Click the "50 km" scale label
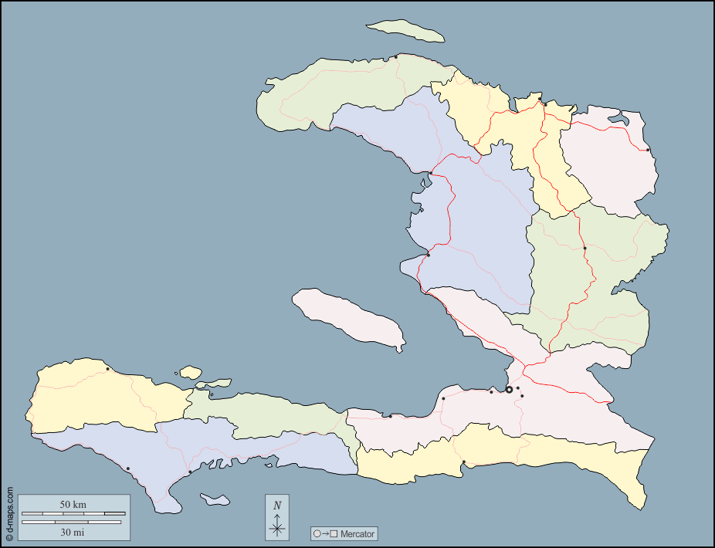[x=73, y=505]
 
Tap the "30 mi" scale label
[x=73, y=532]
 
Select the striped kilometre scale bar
[x=73, y=513]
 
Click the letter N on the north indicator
[x=277, y=506]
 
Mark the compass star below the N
[x=277, y=528]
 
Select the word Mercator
[x=357, y=533]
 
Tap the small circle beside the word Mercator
[x=317, y=533]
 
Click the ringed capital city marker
[x=509, y=390]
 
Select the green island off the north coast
[x=405, y=32]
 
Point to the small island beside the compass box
[x=215, y=499]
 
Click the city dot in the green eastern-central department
[x=585, y=248]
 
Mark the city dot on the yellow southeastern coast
[x=463, y=462]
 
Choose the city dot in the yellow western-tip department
[x=107, y=369]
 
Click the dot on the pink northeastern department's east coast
[x=648, y=150]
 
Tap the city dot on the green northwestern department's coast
[x=396, y=56]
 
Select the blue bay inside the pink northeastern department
[x=617, y=120]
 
